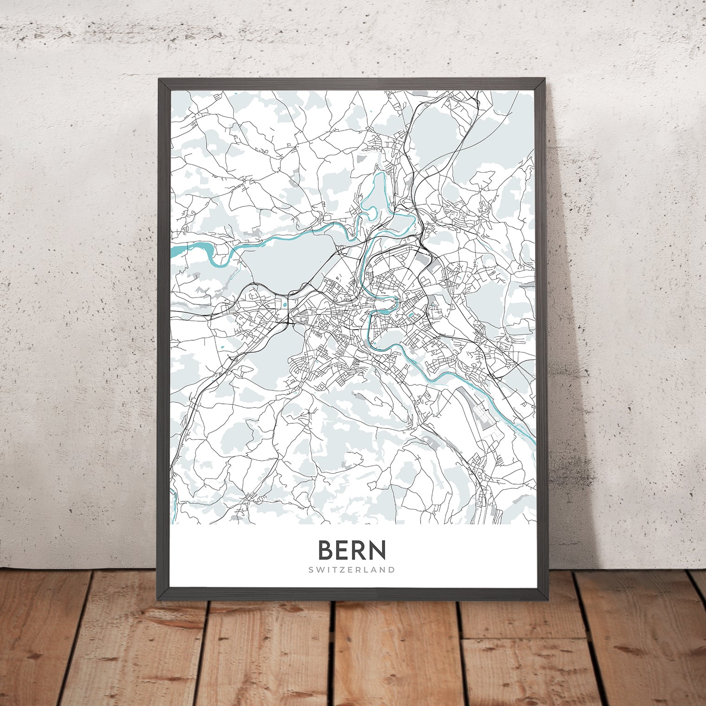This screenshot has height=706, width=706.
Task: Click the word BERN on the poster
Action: click(352, 550)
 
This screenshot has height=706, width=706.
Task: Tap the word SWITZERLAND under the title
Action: click(352, 570)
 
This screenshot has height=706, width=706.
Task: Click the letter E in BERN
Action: click(343, 550)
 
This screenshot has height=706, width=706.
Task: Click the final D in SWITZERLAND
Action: click(392, 570)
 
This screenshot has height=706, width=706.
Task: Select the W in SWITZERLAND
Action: click(320, 570)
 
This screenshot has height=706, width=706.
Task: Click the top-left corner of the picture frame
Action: click(160, 80)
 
